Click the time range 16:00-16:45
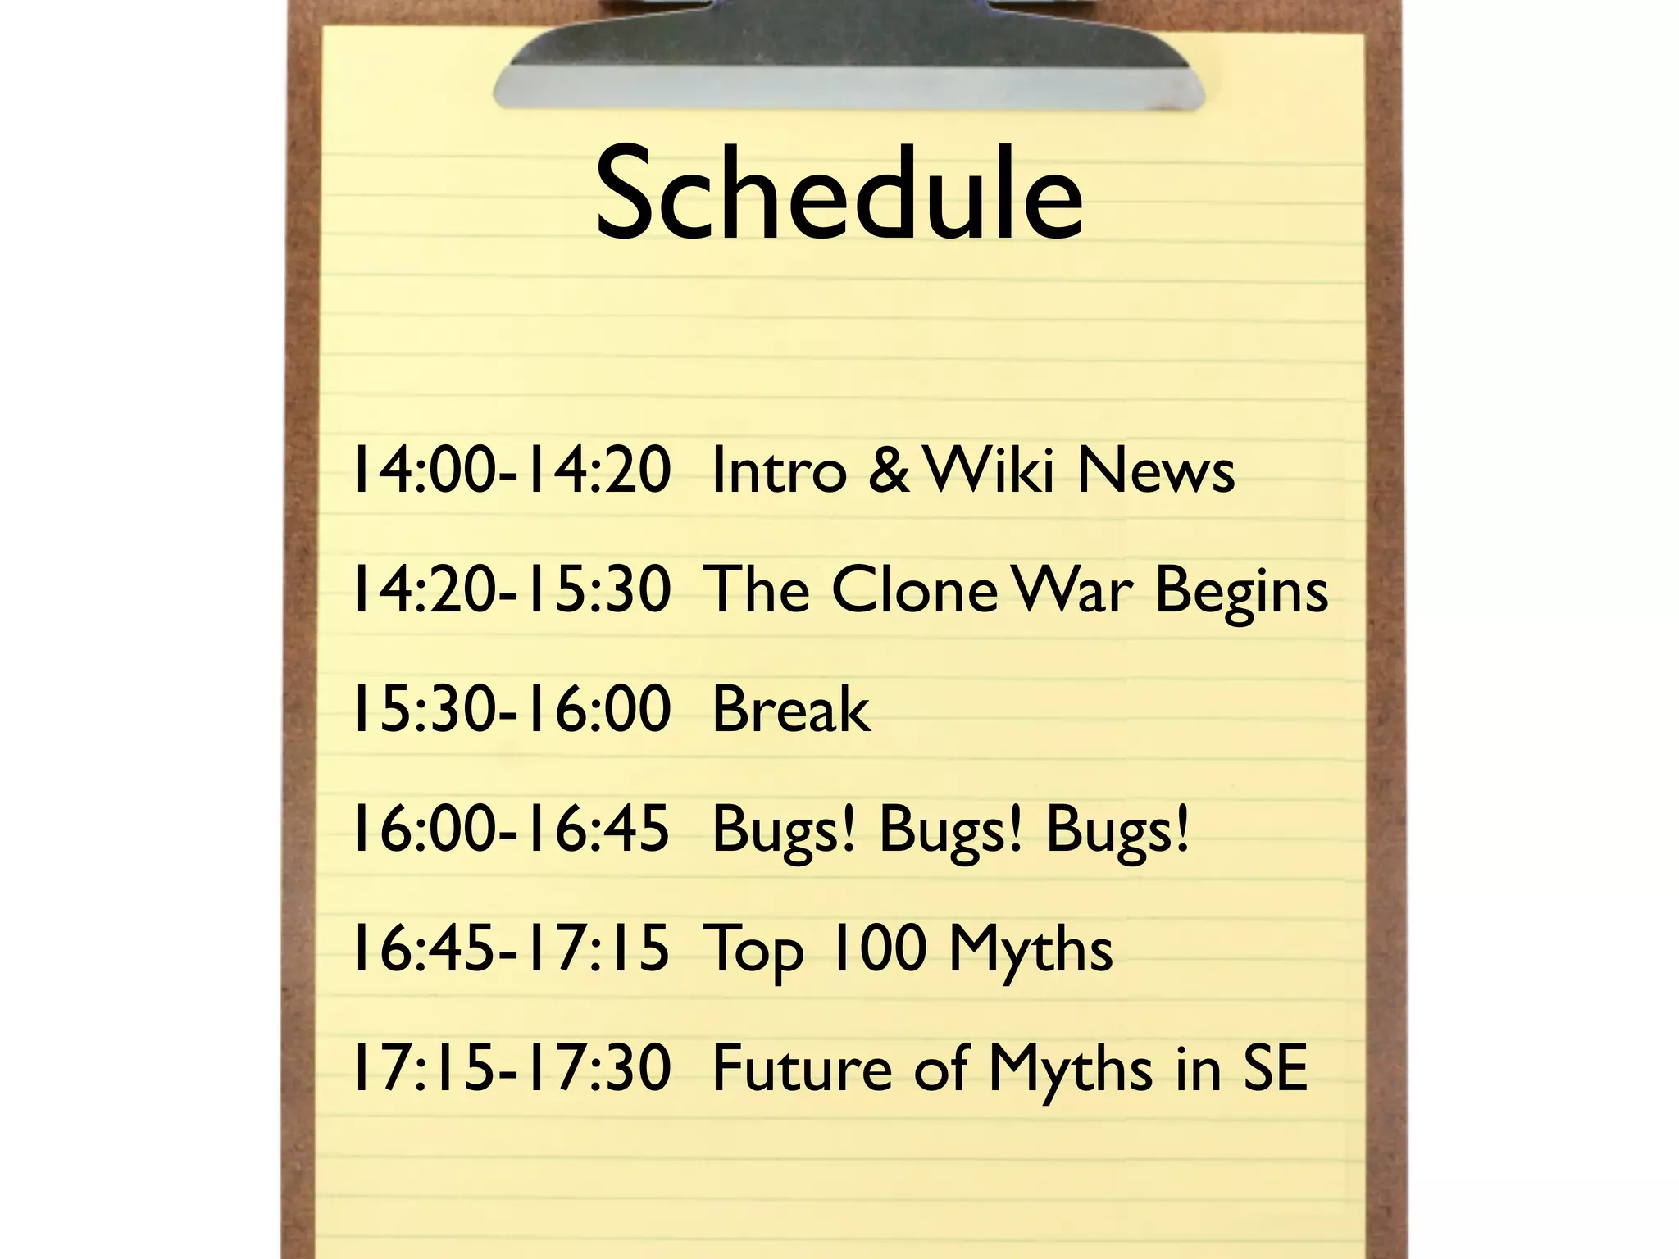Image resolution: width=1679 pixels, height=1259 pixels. pyautogui.click(x=510, y=829)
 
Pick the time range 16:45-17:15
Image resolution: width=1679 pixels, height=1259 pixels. pyautogui.click(x=510, y=949)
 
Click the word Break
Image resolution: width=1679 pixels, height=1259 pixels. pyautogui.click(x=791, y=709)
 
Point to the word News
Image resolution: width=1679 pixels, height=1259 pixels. pyautogui.click(x=1156, y=470)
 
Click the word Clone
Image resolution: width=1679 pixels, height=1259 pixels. pyautogui.click(x=915, y=589)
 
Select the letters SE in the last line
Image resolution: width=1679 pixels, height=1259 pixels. pyautogui.click(x=1275, y=1068)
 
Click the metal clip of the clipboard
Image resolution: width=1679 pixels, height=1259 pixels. pyautogui.click(x=849, y=57)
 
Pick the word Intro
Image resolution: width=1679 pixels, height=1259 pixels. pyautogui.click(x=779, y=470)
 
